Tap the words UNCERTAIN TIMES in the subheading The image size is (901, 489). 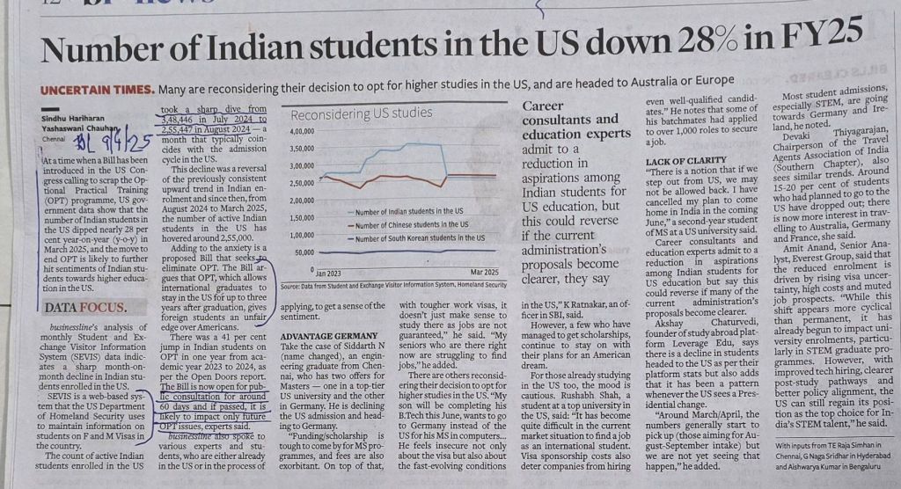point(90,91)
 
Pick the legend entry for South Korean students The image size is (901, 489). point(417,238)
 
